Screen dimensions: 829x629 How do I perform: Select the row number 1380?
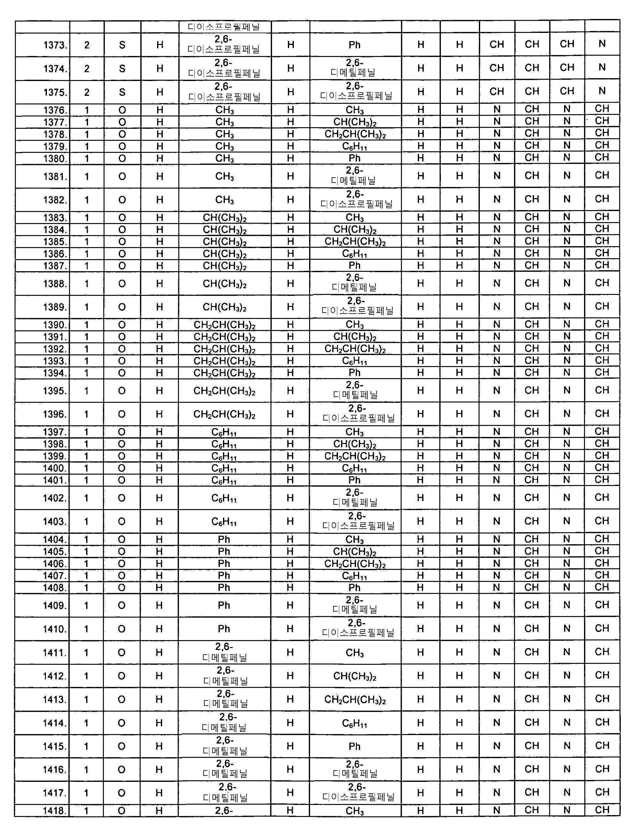click(x=55, y=159)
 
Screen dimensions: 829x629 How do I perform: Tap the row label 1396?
click(x=55, y=414)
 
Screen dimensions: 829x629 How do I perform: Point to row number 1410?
click(x=55, y=629)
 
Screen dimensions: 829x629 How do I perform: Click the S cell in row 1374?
click(x=122, y=69)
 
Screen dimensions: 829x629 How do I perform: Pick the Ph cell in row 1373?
click(x=354, y=45)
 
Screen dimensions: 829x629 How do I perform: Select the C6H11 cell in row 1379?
click(x=354, y=146)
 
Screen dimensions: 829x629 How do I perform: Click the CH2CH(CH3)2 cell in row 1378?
click(x=355, y=134)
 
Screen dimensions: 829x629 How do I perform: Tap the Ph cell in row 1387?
click(x=354, y=266)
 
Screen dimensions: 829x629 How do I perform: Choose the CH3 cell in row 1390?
click(x=354, y=325)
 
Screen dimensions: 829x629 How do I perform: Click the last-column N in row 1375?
click(x=602, y=91)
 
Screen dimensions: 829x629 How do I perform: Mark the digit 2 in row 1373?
click(x=87, y=45)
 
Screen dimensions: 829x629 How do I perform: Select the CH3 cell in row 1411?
click(x=354, y=653)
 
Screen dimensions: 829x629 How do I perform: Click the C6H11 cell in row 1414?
click(x=354, y=723)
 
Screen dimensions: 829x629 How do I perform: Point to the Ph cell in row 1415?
click(x=354, y=746)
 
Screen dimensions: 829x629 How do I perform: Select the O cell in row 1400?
click(x=122, y=468)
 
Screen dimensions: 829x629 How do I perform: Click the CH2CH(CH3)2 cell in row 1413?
click(x=355, y=700)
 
